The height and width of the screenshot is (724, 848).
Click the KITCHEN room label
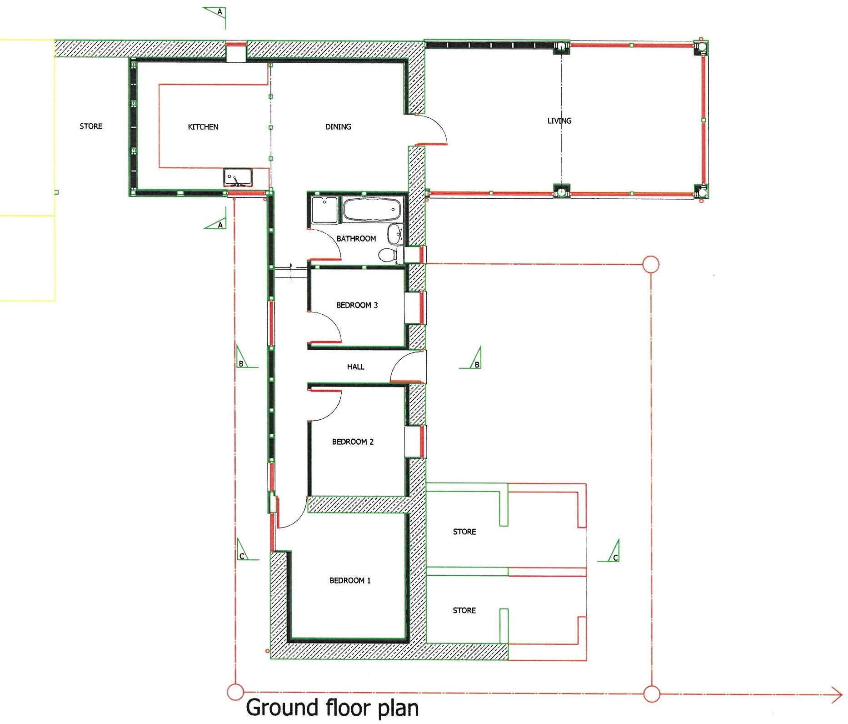[203, 127]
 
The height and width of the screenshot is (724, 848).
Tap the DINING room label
[338, 127]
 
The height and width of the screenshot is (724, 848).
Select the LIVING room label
[559, 121]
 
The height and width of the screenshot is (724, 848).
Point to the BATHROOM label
[356, 238]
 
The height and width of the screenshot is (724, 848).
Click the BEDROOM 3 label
[357, 305]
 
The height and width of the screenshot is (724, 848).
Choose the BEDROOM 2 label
[353, 442]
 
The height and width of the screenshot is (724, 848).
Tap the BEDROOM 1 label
[350, 580]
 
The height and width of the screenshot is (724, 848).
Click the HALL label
[355, 367]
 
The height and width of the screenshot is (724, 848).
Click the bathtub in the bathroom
[372, 210]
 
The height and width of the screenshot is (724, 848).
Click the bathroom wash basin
[394, 235]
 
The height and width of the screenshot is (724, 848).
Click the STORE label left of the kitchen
[91, 126]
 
